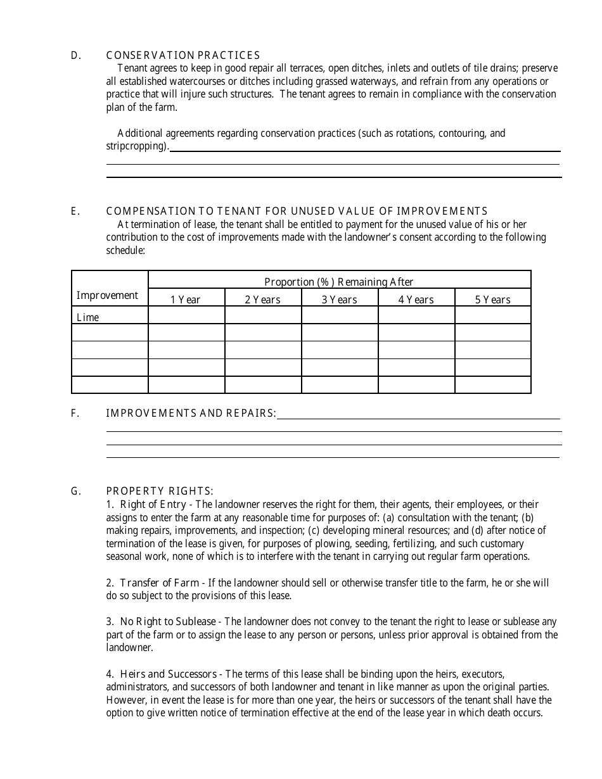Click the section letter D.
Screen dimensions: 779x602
click(x=74, y=56)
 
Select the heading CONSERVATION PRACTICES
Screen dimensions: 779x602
click(x=183, y=56)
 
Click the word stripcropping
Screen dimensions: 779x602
click(x=137, y=147)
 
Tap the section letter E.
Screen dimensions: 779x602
click(x=74, y=212)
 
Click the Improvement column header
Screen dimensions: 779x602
click(x=107, y=296)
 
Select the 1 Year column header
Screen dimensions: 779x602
click(x=186, y=300)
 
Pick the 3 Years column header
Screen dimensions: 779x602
click(x=339, y=300)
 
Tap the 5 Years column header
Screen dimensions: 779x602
click(x=492, y=300)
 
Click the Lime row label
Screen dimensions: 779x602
click(x=88, y=317)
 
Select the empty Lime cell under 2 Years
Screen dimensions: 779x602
click(x=262, y=315)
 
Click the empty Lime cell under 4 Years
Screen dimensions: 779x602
click(x=416, y=315)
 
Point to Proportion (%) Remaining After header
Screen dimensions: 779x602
click(x=339, y=282)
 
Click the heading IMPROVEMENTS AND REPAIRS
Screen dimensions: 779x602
click(x=191, y=414)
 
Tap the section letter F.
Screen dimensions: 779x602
click(x=74, y=414)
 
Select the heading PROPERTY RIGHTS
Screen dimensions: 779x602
click(x=160, y=491)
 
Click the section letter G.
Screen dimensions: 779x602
click(x=75, y=491)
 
